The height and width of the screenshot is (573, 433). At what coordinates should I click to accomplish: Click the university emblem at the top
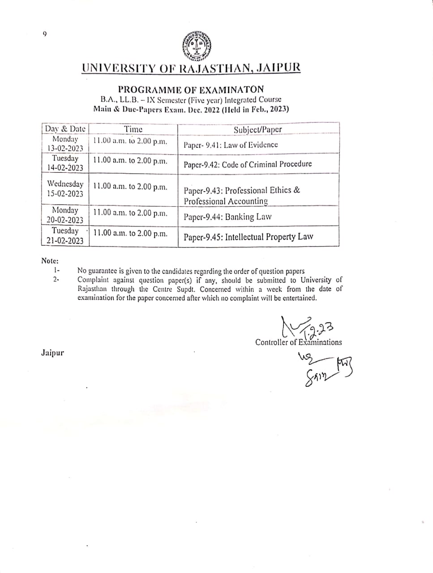point(197,46)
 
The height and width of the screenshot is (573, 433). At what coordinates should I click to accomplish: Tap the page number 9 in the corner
point(44,34)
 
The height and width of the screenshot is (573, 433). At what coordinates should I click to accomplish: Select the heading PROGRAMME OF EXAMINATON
point(191,90)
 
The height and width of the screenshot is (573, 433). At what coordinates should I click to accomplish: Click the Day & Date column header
point(65,129)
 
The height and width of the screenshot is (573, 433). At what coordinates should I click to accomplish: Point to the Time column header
point(133,129)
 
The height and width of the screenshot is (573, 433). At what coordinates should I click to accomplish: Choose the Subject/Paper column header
point(258,129)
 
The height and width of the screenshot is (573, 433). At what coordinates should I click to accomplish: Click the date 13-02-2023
point(65,148)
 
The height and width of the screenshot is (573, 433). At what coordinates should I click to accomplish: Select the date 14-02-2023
point(65,168)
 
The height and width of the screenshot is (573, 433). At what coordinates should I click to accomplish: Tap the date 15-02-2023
point(65,194)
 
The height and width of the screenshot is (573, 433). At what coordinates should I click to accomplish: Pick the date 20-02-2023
point(65,220)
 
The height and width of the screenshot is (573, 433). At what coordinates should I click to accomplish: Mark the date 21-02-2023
point(65,240)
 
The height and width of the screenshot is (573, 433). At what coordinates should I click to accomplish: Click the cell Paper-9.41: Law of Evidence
point(231,145)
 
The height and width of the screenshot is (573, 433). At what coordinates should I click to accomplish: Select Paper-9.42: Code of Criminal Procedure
point(248,164)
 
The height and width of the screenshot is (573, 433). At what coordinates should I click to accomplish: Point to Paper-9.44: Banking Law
point(227,217)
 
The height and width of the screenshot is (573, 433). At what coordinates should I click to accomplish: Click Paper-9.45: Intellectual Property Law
point(248,237)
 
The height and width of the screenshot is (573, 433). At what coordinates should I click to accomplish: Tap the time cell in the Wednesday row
point(130,187)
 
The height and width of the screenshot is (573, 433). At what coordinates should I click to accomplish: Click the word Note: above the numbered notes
point(50,261)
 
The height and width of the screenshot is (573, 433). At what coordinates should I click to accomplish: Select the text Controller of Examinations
point(298,342)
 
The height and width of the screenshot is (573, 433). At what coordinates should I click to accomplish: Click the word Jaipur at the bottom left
point(52,353)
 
